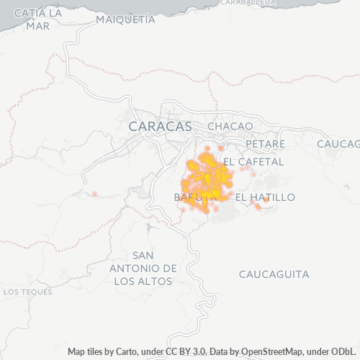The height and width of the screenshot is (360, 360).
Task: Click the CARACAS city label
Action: pos(160,126)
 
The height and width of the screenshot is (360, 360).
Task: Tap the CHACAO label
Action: pos(230,126)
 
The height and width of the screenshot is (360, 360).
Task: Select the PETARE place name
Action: pos(265,144)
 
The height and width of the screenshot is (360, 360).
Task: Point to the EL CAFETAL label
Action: pos(253,161)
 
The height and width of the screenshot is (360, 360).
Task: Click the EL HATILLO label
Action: pos(265,197)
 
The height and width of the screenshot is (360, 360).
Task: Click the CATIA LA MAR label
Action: pos(37,19)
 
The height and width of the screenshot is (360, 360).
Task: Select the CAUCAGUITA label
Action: pos(274,274)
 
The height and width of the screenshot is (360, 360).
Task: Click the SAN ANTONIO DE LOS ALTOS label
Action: pos(144,268)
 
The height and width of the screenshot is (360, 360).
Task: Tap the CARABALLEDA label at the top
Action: pos(248,3)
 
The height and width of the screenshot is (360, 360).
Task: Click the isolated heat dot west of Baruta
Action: pos(94,194)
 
